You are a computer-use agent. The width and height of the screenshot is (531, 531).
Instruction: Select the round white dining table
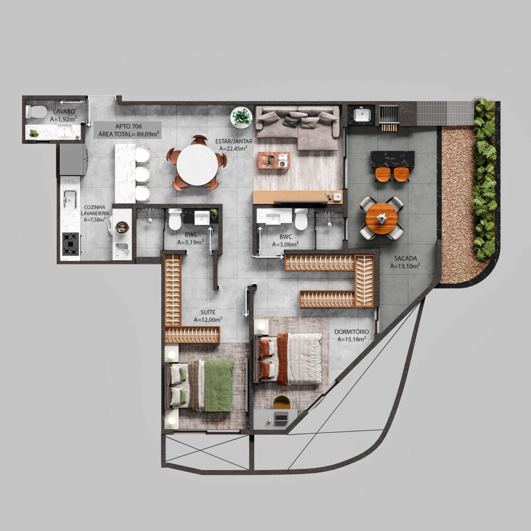pyautogui.click(x=197, y=165)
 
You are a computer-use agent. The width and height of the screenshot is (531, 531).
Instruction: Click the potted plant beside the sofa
pyautogui.click(x=241, y=117)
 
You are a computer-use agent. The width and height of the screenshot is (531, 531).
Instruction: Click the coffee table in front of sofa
pyautogui.click(x=274, y=160)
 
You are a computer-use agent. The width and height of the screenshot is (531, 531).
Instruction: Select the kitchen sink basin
pyautogui.click(x=69, y=198)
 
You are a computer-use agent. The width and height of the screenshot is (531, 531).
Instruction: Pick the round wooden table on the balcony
pyautogui.click(x=382, y=218)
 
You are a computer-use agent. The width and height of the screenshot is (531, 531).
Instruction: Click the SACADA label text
pyautogui.click(x=404, y=259)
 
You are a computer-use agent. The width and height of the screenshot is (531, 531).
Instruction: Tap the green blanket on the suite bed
pyautogui.click(x=218, y=385)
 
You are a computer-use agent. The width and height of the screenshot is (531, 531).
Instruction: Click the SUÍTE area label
pyautogui.click(x=208, y=312)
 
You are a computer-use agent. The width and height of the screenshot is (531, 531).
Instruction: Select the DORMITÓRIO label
pyautogui.click(x=352, y=332)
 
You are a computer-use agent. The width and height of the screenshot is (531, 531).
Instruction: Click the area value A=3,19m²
pyautogui.click(x=190, y=242)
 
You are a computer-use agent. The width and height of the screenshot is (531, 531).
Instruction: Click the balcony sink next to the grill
pyautogui.click(x=361, y=114)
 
